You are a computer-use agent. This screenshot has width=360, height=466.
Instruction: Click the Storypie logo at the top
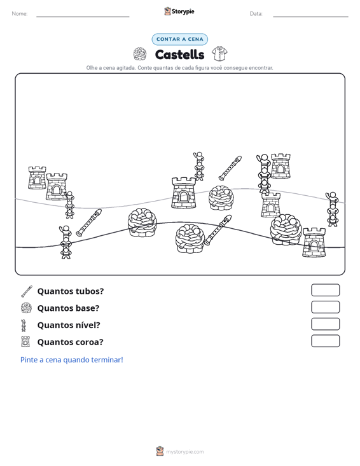(x=179, y=11)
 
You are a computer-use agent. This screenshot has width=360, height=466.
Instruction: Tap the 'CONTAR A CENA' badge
(x=179, y=39)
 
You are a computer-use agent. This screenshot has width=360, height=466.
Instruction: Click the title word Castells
(x=179, y=55)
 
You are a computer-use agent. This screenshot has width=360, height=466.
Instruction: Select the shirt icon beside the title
(x=219, y=53)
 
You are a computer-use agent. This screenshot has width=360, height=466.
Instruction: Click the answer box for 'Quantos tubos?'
(x=325, y=290)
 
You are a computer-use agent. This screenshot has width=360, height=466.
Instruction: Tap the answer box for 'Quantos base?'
(x=325, y=307)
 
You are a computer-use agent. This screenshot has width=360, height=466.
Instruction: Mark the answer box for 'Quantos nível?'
(x=325, y=324)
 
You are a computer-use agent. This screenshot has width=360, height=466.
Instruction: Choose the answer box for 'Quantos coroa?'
(x=325, y=341)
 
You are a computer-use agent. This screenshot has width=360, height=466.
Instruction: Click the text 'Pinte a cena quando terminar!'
(x=72, y=360)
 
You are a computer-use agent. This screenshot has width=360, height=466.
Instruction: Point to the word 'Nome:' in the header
(x=20, y=14)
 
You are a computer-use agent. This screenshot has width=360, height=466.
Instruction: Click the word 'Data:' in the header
(x=256, y=14)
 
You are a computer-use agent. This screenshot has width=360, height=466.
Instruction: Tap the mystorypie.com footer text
(x=184, y=452)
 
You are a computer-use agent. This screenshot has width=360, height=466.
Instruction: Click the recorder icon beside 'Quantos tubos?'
(x=27, y=291)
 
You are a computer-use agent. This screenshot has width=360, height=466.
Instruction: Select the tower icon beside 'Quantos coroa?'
(x=25, y=342)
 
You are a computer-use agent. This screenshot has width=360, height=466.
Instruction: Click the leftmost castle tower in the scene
(x=37, y=178)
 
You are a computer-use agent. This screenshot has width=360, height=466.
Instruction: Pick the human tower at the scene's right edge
(x=332, y=209)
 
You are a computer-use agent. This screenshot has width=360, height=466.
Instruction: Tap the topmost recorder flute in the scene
(x=230, y=168)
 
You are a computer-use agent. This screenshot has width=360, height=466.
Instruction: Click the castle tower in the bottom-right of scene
(x=314, y=242)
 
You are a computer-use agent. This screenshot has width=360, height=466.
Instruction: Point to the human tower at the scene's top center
(x=198, y=166)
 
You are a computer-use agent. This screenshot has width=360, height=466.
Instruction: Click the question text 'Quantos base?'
(x=68, y=308)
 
